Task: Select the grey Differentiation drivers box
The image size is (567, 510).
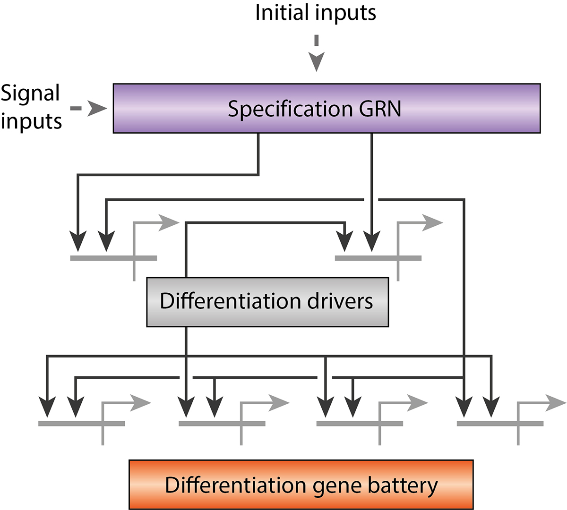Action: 267,302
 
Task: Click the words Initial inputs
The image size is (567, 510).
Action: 316,13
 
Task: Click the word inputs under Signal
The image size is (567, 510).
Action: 31,121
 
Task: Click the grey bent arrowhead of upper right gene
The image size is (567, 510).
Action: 431,222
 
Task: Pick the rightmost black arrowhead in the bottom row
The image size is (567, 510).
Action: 491,407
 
